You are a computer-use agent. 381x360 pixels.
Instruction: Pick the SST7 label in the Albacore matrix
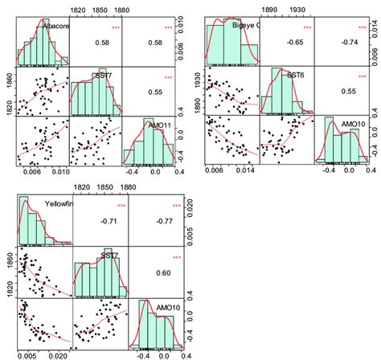click(104, 76)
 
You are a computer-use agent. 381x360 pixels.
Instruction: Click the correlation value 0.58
click(102, 41)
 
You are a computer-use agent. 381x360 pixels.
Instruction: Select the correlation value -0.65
click(287, 40)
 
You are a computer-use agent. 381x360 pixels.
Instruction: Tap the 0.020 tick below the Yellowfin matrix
click(59, 354)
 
